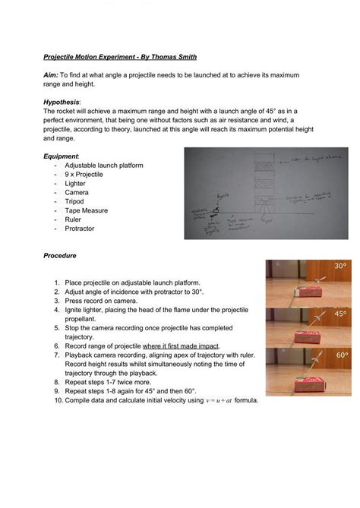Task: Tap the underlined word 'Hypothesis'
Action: (x=63, y=102)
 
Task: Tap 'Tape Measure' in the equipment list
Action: (x=86, y=210)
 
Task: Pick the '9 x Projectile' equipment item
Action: (x=84, y=174)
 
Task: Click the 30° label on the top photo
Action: (x=339, y=267)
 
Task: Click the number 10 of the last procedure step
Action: (x=57, y=400)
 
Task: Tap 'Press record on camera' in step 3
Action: (x=106, y=300)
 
